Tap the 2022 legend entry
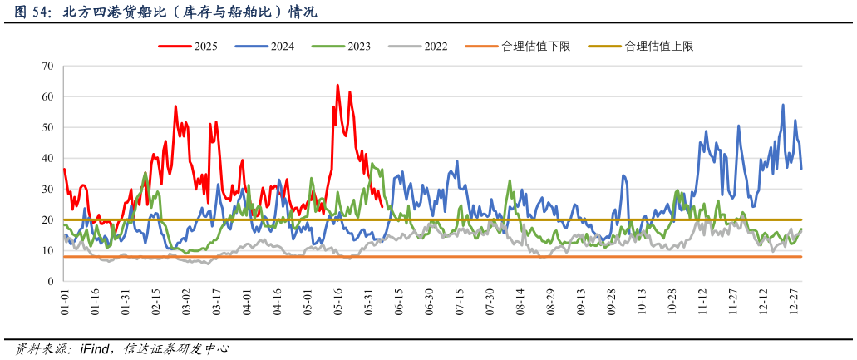pyautogui.click(x=436, y=47)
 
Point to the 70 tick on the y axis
pyautogui.click(x=47, y=66)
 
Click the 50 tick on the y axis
pyautogui.click(x=47, y=127)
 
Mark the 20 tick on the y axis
pyautogui.click(x=47, y=220)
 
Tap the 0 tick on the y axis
pyautogui.click(x=51, y=282)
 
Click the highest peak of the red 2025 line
pyautogui.click(x=337, y=85)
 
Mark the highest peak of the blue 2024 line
pyautogui.click(x=783, y=105)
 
